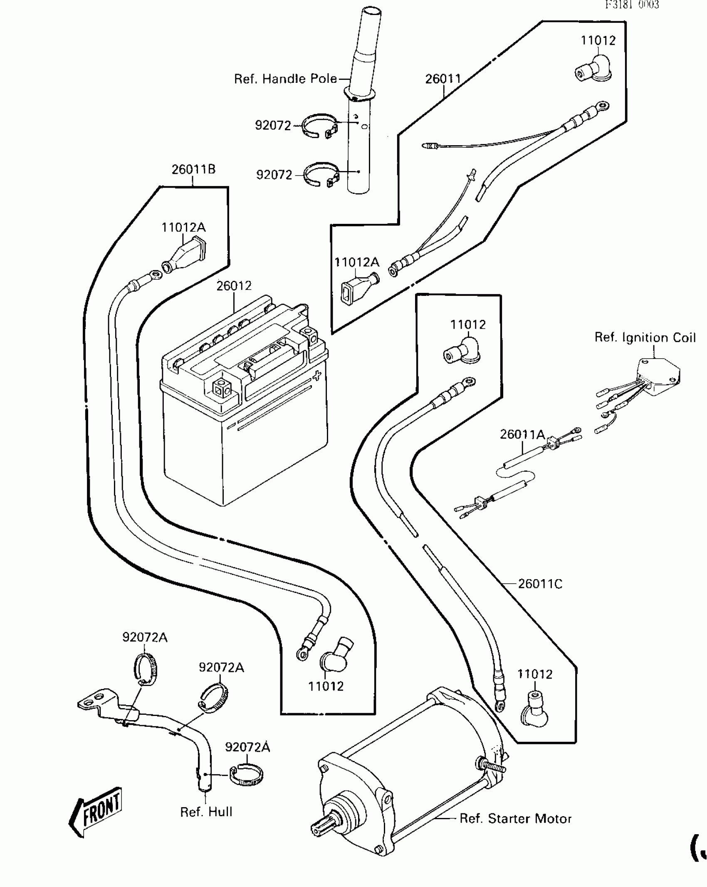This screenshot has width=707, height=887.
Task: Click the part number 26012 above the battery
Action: point(234,286)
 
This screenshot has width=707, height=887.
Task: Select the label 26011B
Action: point(193,169)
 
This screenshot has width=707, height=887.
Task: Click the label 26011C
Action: point(540,584)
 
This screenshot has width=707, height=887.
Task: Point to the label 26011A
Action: point(522,434)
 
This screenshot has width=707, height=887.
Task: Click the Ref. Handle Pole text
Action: point(286,79)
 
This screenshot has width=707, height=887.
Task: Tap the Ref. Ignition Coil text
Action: point(645,337)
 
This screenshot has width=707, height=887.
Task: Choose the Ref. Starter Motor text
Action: point(516,819)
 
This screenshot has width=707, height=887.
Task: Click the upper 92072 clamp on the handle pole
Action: point(319,126)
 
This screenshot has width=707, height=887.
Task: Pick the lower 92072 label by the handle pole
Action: point(274,175)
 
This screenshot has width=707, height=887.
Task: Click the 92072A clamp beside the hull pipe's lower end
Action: point(247,776)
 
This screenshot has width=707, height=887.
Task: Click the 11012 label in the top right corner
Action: point(598,41)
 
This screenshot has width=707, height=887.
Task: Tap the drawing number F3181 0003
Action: point(632,5)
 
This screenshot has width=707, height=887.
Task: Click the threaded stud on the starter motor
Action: point(492,765)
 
